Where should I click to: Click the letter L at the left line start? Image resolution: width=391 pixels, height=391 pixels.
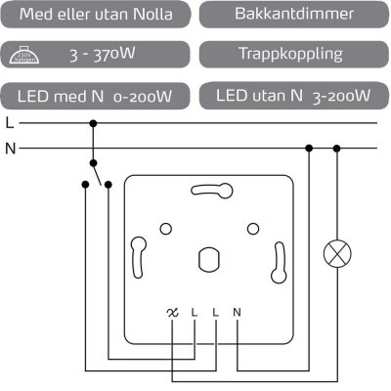pyautogui.click(x=9, y=124)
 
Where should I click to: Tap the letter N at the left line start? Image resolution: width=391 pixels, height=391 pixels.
pyautogui.click(x=10, y=149)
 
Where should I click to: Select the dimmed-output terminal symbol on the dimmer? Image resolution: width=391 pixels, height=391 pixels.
pyautogui.click(x=173, y=313)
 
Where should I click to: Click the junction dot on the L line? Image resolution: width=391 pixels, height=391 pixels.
pyautogui.click(x=93, y=124)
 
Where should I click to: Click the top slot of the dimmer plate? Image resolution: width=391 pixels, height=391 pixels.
pyautogui.click(x=209, y=191)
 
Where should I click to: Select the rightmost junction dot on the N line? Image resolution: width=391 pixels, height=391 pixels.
pyautogui.click(x=337, y=149)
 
